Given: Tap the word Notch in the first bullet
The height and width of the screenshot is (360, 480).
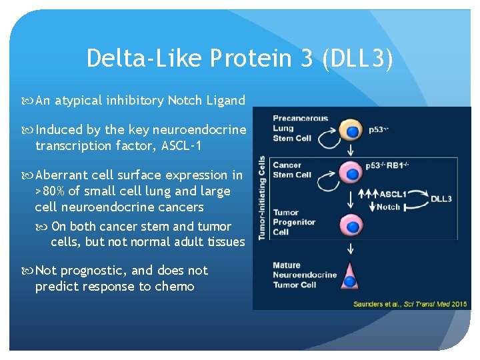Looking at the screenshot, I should click(x=189, y=101).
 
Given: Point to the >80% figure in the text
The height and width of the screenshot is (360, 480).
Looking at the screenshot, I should click(x=53, y=191).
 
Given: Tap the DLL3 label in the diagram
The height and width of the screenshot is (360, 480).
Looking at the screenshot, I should click(x=441, y=198).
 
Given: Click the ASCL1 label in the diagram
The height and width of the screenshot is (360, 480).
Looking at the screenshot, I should click(x=389, y=195).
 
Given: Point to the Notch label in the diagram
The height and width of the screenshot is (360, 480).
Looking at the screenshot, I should click(x=388, y=207).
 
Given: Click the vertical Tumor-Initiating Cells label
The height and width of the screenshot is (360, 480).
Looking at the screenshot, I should click(x=261, y=197).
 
